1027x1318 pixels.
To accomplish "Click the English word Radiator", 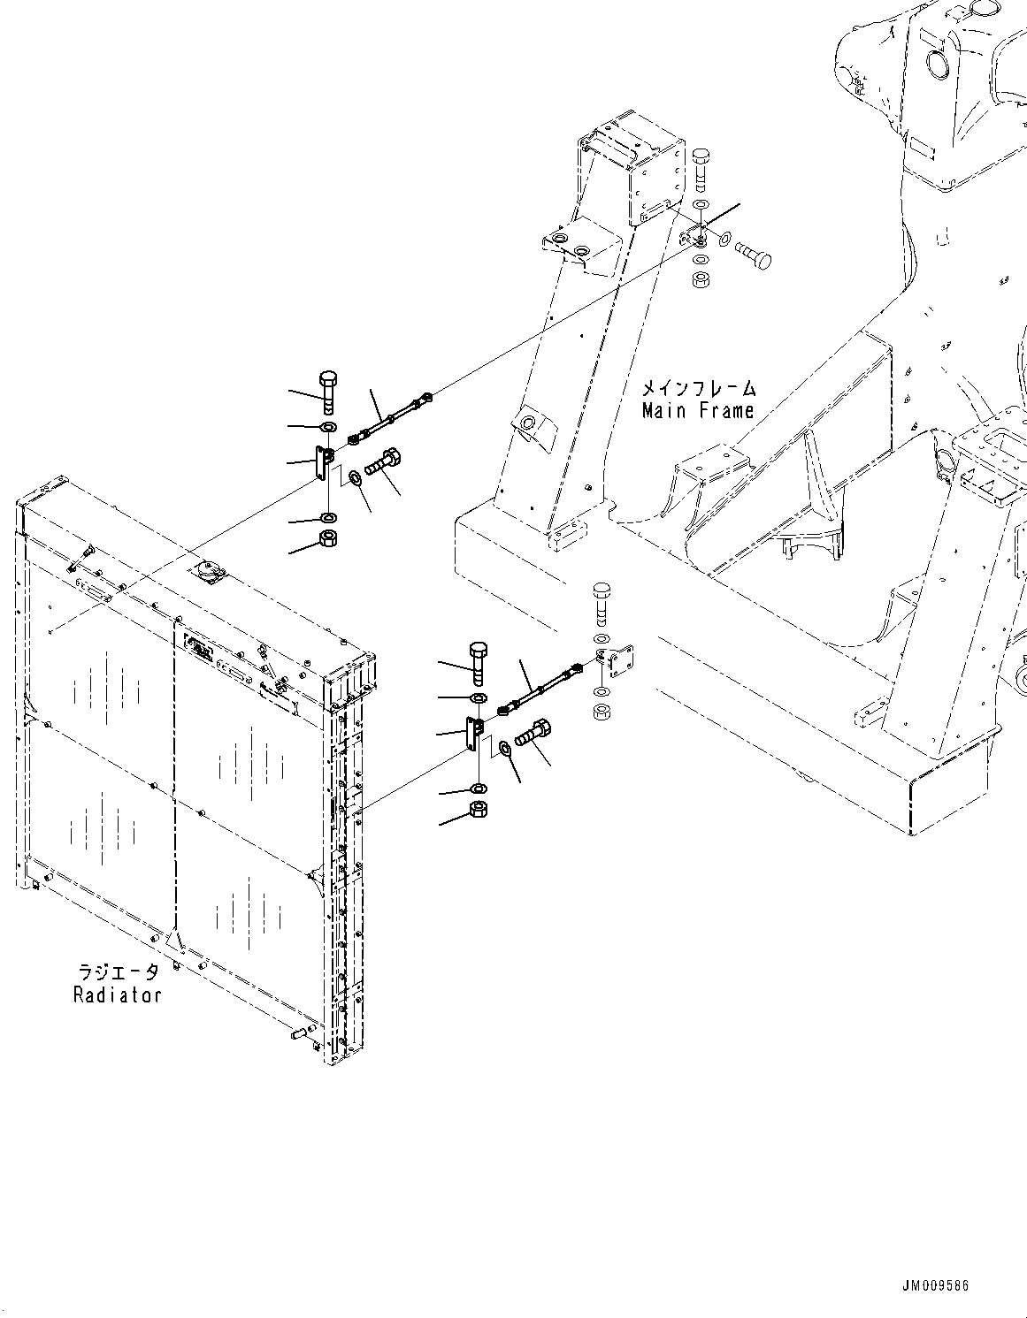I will tap(117, 994).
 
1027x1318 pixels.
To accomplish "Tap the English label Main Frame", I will tap(697, 410).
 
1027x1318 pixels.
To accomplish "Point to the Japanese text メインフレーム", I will tap(698, 388).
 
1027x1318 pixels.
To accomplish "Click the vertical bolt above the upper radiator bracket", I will tap(326, 391).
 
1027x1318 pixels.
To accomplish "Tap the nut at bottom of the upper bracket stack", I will tap(327, 541).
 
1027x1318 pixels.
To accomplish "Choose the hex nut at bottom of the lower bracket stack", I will tap(478, 809).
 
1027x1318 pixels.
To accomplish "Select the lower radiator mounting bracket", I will tap(473, 734).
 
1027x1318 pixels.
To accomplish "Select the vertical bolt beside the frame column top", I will tap(700, 170).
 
